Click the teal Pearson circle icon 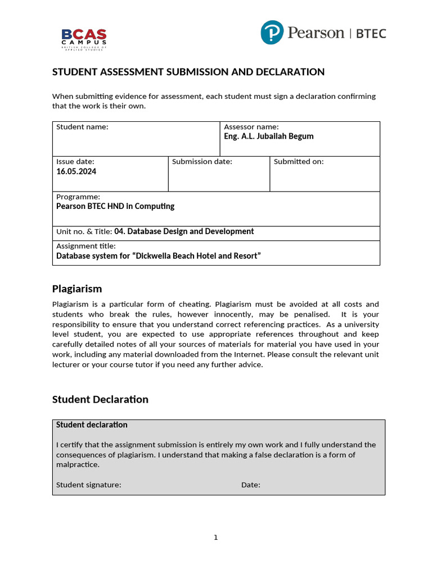tap(272, 33)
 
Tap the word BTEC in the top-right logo tap(371, 33)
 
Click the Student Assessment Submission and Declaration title tap(188, 72)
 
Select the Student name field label tap(82, 127)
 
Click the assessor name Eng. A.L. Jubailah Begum tap(269, 136)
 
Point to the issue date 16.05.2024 tap(76, 171)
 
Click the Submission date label tap(202, 162)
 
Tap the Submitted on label tap(299, 162)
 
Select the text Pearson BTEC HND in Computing tap(115, 206)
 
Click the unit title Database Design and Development tap(184, 231)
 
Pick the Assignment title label tap(86, 246)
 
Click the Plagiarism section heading tap(77, 289)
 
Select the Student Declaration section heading tap(100, 399)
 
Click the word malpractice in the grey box tap(78, 465)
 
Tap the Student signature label tap(88, 485)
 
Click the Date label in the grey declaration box tap(251, 485)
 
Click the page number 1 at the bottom tap(215, 538)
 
